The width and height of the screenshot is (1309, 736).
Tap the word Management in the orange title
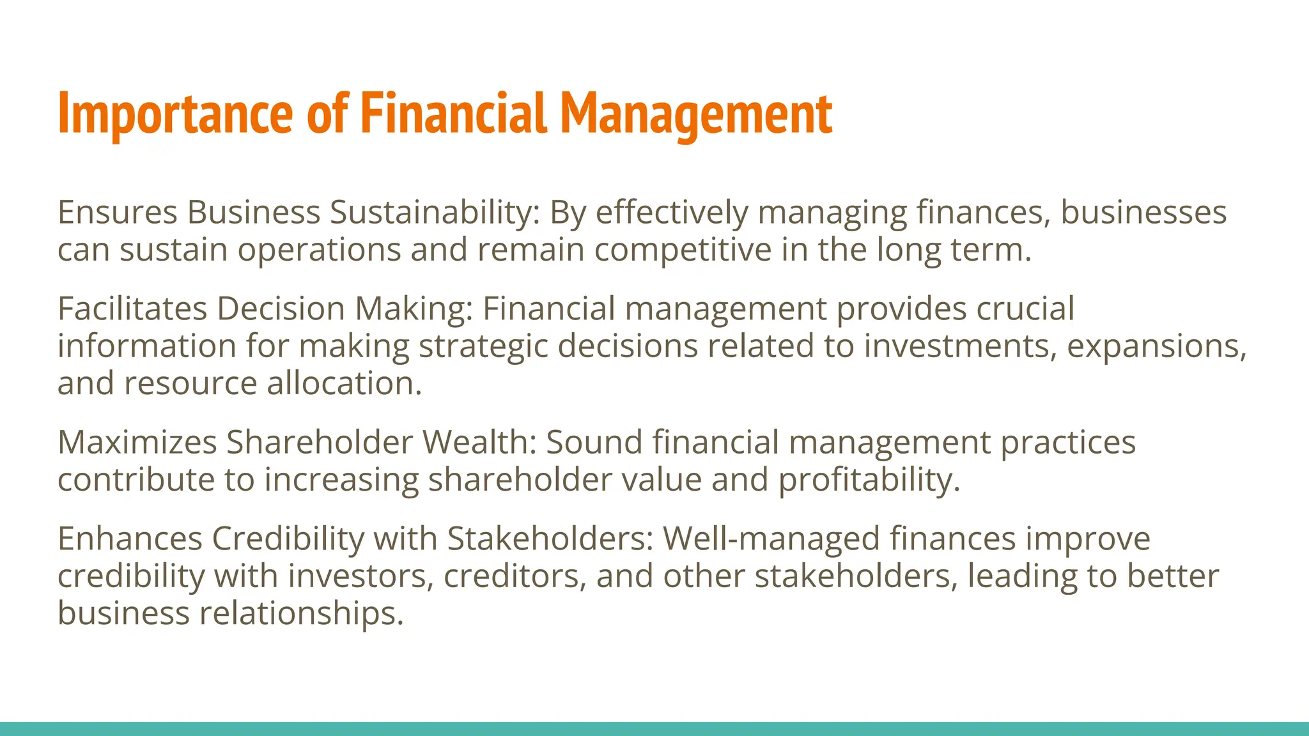tap(696, 115)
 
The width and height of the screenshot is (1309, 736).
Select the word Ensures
tap(117, 212)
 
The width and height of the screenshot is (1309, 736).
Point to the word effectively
tap(672, 213)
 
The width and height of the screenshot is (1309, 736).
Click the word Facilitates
tap(132, 309)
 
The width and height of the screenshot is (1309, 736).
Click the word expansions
tap(1156, 347)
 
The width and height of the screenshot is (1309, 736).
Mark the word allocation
tap(344, 383)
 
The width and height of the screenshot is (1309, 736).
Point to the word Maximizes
tap(137, 442)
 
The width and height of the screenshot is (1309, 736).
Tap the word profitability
tap(869, 480)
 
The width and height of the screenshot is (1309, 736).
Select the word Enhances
tap(130, 539)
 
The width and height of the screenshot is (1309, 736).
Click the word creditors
tap(515, 576)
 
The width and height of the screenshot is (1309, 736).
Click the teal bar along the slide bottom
tap(654, 729)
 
